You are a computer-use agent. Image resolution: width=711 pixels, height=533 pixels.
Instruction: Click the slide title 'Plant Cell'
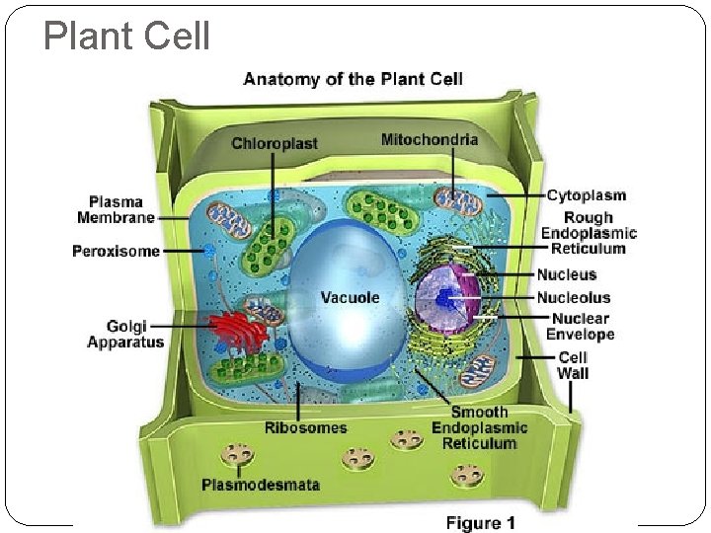127,37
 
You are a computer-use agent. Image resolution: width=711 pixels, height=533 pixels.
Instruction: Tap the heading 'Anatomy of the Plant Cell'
352,79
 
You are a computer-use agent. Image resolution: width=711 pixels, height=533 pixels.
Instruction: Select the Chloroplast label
275,143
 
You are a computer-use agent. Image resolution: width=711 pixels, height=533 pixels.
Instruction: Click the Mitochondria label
430,139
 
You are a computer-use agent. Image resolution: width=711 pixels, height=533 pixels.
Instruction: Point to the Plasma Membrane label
116,209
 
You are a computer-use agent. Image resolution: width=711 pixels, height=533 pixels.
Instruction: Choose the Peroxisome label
116,251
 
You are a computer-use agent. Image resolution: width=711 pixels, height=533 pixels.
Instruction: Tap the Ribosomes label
305,427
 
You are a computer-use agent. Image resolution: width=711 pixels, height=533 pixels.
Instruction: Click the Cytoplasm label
586,195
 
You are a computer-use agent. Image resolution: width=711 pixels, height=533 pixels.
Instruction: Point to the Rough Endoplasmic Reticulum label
589,233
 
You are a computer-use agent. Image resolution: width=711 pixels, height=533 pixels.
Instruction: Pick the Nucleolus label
574,297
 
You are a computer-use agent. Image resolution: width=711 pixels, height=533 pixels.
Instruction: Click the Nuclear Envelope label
582,326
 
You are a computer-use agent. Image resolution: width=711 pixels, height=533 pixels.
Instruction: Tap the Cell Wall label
573,365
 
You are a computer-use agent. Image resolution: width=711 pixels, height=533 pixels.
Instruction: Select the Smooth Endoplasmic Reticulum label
479,427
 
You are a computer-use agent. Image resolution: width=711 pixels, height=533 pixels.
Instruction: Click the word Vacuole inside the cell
350,297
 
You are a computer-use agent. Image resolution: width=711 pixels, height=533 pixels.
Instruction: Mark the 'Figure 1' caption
481,522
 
